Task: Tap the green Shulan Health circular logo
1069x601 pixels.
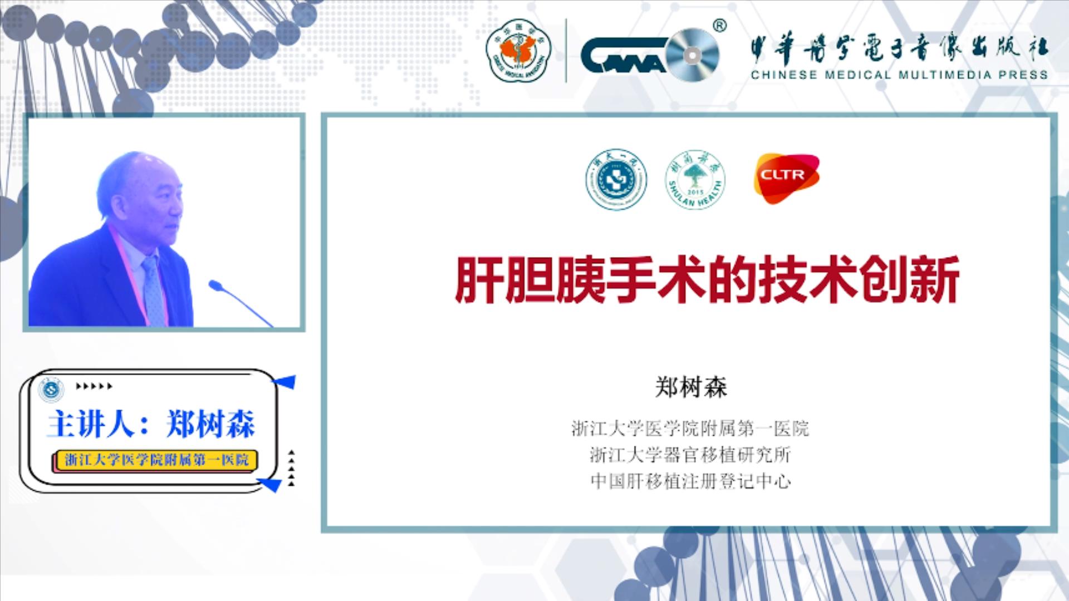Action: [695, 179]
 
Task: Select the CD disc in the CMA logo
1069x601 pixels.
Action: [692, 55]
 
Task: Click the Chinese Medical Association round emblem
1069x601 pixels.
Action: [518, 50]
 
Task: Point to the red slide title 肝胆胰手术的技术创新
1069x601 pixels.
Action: [707, 279]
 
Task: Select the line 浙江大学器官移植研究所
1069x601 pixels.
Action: [690, 455]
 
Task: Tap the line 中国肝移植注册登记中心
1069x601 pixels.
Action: [690, 481]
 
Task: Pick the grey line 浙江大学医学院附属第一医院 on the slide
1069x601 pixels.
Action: [690, 428]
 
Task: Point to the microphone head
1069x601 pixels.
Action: [215, 286]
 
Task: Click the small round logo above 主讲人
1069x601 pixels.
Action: [51, 389]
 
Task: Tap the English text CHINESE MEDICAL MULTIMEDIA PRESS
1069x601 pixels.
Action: [899, 75]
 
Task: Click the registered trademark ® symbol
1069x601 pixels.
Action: [719, 26]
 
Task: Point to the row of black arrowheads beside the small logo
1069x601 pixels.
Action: [94, 386]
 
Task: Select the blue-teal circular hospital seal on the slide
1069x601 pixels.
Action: [616, 179]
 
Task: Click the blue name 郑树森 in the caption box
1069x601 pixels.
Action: [210, 424]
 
